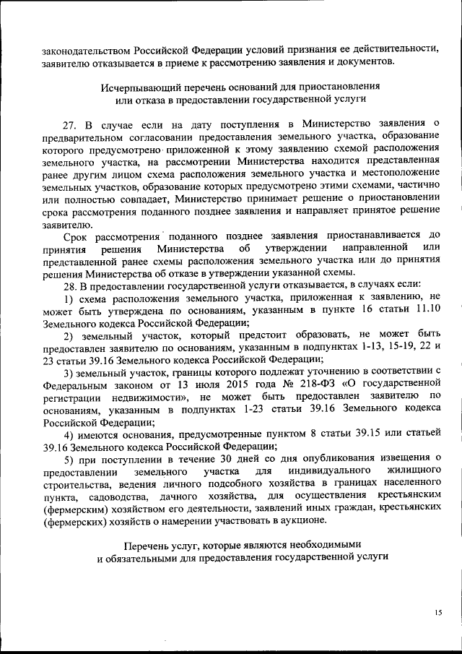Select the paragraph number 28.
pyautogui.click(x=71, y=285)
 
